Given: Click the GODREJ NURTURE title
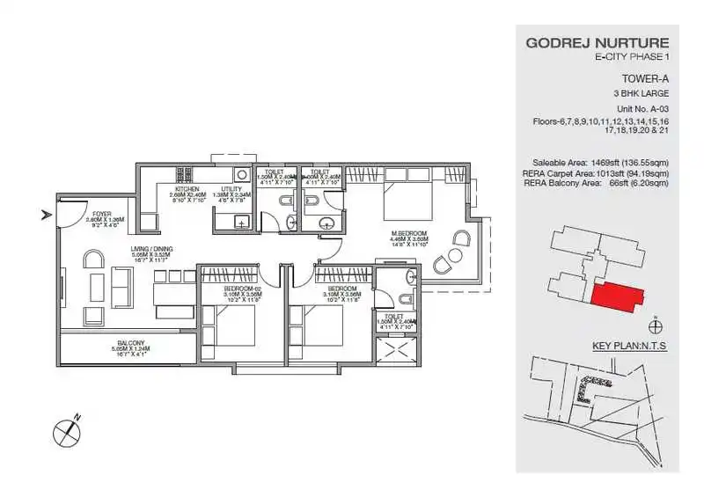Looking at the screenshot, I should (597, 42).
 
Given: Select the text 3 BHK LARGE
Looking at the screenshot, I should (640, 92).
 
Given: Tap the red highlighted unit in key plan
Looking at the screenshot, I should (612, 296).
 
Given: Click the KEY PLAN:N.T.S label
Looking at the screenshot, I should (629, 347).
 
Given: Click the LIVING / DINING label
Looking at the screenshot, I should (152, 250).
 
